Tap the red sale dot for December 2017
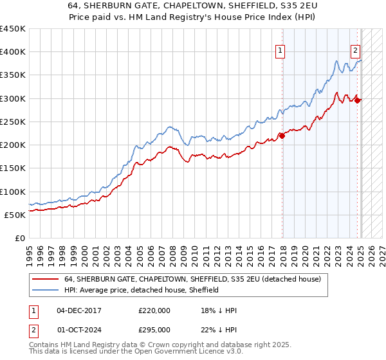click(282, 135)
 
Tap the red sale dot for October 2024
click(358, 100)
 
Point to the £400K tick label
click(12, 52)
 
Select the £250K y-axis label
click(12, 122)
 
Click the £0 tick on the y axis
click(19, 239)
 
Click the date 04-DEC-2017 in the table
click(79, 310)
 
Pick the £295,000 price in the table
click(154, 329)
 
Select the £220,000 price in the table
click(154, 310)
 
